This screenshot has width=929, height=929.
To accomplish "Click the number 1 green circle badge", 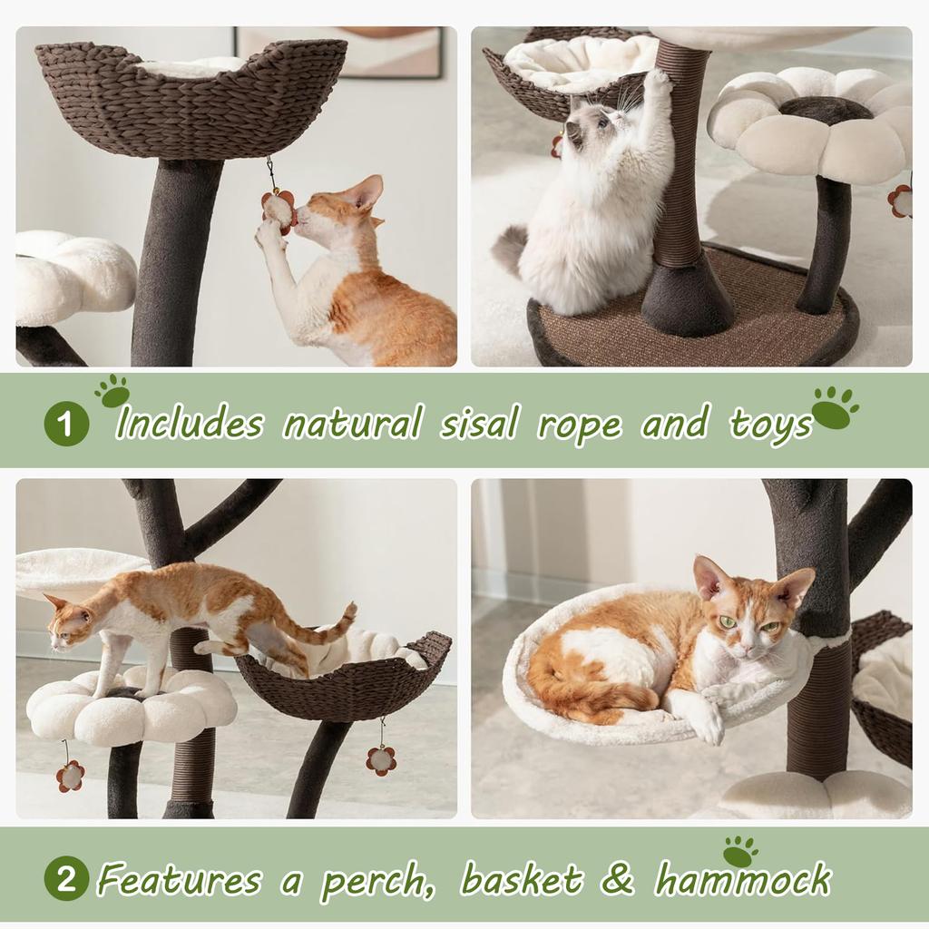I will point(65,424).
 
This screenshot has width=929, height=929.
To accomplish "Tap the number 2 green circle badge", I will point(65,878).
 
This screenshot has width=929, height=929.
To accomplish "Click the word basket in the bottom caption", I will point(521,879).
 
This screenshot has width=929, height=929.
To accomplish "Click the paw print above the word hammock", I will point(739,851).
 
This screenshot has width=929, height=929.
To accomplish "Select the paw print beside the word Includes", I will point(112,391).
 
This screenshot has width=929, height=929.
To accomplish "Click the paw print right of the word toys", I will point(836,406).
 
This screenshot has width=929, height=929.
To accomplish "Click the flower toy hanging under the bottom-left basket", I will point(381,760).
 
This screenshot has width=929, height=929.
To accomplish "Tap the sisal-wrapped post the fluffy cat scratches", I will point(679,163).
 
